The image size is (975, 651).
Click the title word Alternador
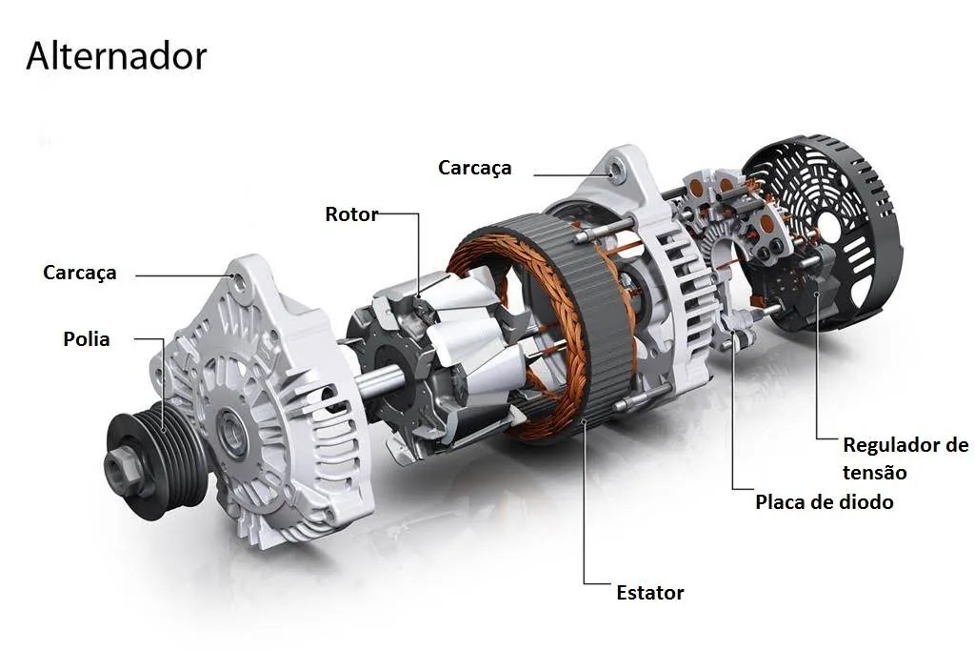click(x=116, y=56)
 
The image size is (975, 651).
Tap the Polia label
click(x=87, y=339)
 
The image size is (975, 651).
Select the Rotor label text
click(x=351, y=214)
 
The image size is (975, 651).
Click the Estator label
click(x=649, y=593)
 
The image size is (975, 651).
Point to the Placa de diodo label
click(x=824, y=501)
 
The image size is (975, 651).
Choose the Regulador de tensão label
click(x=905, y=458)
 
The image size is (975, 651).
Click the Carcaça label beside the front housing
click(x=80, y=274)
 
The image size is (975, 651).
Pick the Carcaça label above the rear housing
click(x=474, y=168)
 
